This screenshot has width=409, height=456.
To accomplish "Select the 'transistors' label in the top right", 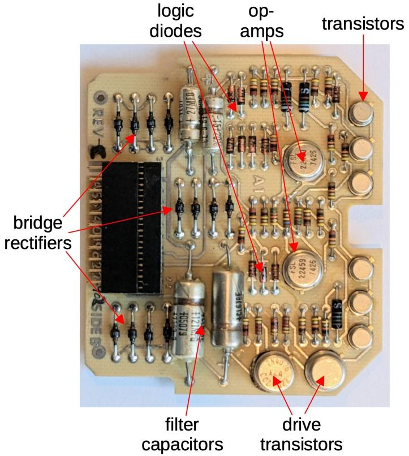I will [x=363, y=23].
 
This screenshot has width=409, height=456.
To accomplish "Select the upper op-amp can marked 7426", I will [x=302, y=160].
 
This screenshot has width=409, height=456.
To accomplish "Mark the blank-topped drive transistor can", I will [x=326, y=373].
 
